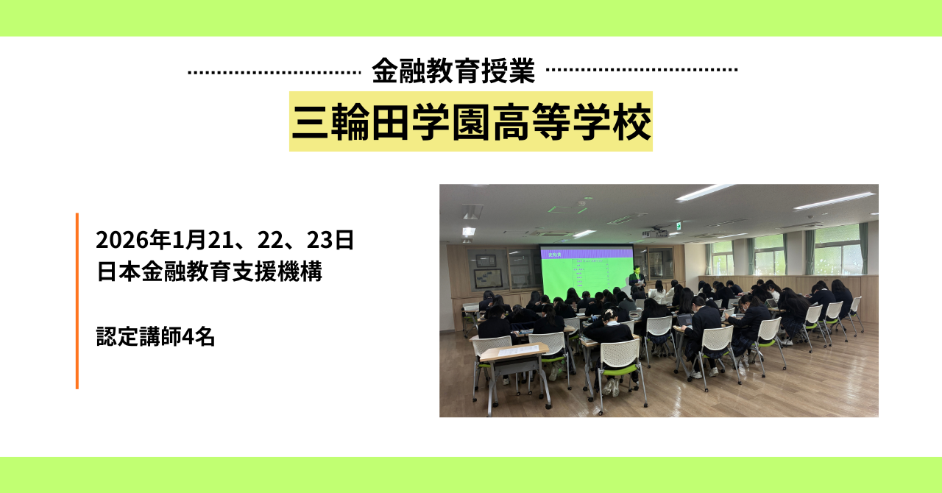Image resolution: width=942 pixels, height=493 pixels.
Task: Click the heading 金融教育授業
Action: pyautogui.click(x=453, y=71)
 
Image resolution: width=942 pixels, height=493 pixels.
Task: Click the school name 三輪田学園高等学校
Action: pyautogui.click(x=471, y=122)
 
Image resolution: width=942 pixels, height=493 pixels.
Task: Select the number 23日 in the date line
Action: pyautogui.click(x=330, y=240)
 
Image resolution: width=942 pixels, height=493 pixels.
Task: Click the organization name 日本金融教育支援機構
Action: pyautogui.click(x=210, y=272)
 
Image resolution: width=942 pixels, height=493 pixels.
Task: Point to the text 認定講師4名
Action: pyautogui.click(x=155, y=337)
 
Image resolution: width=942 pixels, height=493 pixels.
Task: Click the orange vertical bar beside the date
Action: pyautogui.click(x=77, y=301)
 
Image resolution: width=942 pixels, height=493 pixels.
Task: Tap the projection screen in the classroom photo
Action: pyautogui.click(x=587, y=272)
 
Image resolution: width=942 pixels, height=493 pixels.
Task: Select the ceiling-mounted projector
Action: pyautogui.click(x=654, y=233)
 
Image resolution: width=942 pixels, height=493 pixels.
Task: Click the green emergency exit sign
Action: pyautogui.click(x=678, y=227)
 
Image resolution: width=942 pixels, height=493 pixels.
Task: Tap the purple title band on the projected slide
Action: pyautogui.click(x=587, y=254)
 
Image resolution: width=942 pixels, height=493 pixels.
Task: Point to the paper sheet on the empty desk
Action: pyautogui.click(x=518, y=350)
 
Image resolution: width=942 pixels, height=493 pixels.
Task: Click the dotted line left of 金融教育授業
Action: pyautogui.click(x=275, y=73)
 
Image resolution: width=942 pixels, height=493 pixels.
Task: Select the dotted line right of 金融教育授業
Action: pyautogui.click(x=642, y=70)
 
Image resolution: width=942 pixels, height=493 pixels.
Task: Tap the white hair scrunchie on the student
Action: pyautogui.click(x=609, y=313)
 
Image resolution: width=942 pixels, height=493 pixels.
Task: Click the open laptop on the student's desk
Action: pyautogui.click(x=684, y=321)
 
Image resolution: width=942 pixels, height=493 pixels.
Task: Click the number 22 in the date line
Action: pyautogui.click(x=270, y=240)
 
